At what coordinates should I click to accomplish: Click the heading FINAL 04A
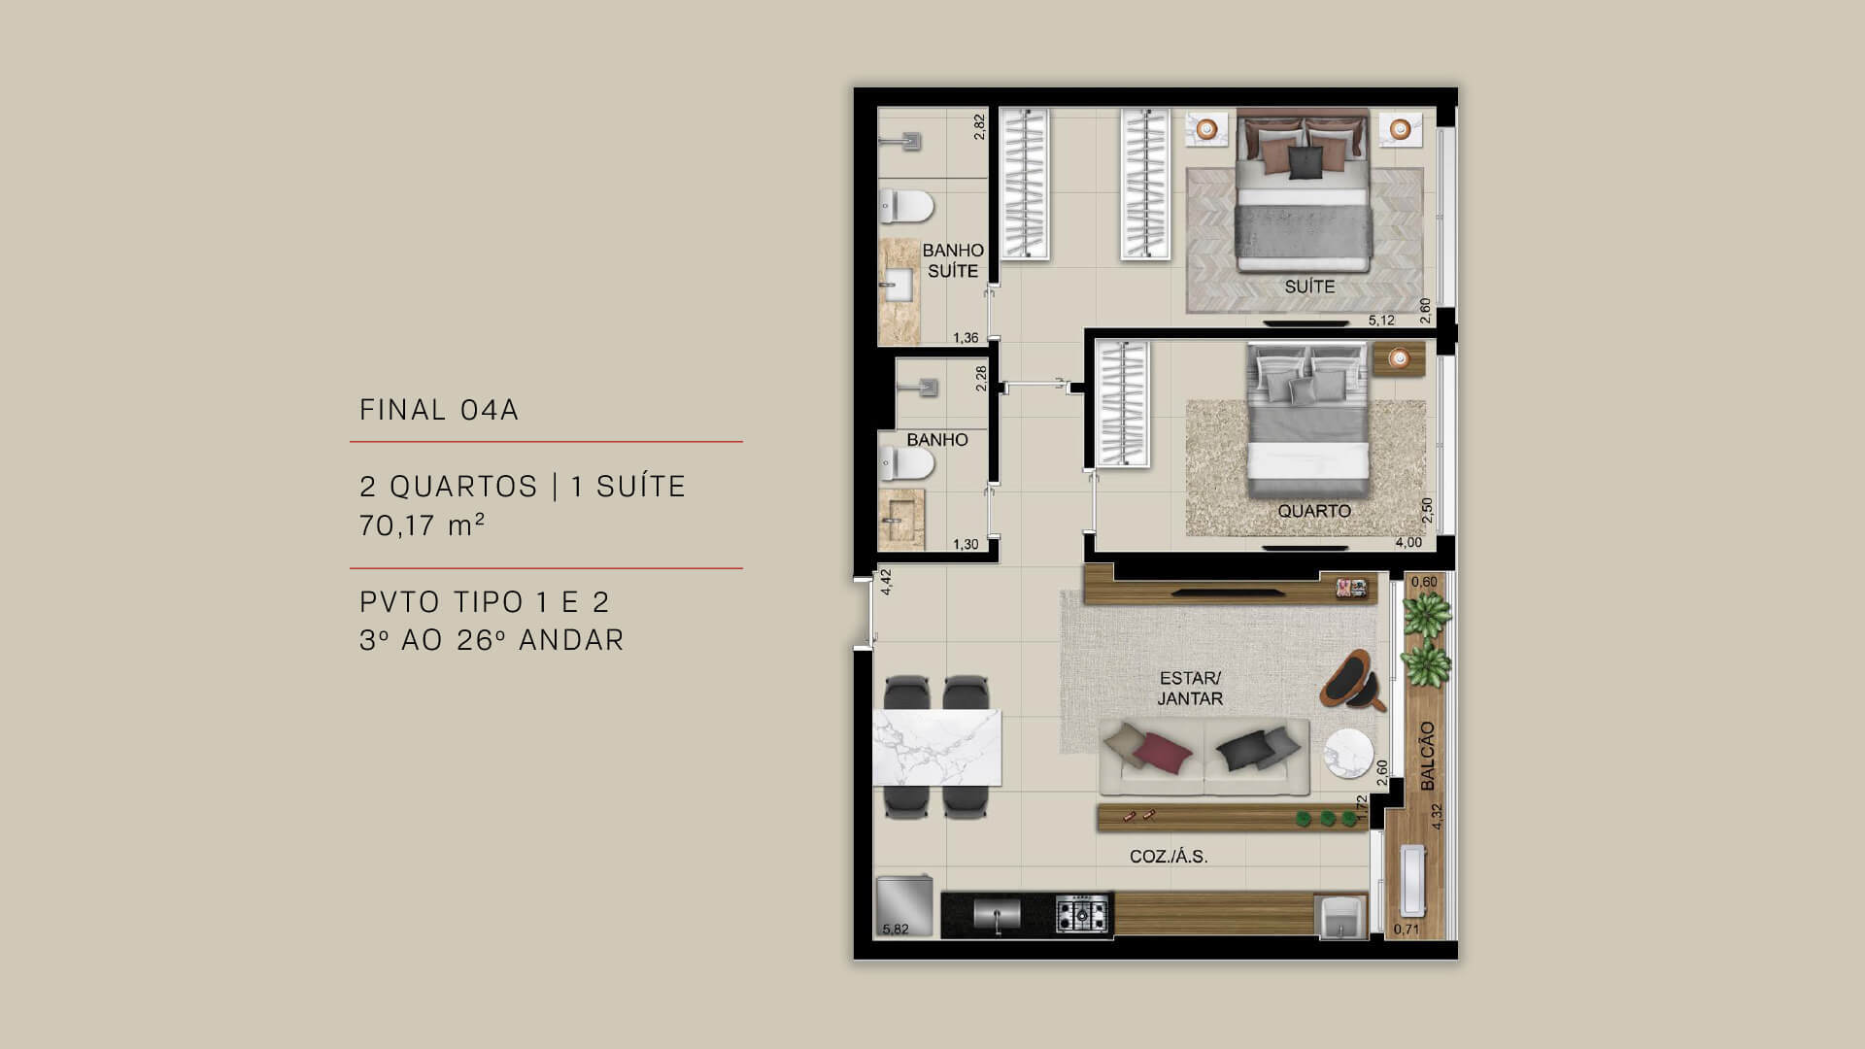pyautogui.click(x=439, y=410)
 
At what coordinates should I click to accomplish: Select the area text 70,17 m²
pyautogui.click(x=422, y=525)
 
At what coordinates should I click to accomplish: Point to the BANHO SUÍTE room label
pyautogui.click(x=953, y=260)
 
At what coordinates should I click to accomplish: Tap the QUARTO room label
pyautogui.click(x=1314, y=511)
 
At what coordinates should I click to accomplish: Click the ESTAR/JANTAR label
pyautogui.click(x=1190, y=688)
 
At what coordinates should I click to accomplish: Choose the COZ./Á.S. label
pyautogui.click(x=1169, y=857)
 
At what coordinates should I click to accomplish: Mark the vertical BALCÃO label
pyautogui.click(x=1427, y=756)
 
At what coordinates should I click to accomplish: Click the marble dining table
pyautogui.click(x=257, y=747)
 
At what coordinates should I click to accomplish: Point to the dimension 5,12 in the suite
pyautogui.click(x=1381, y=321)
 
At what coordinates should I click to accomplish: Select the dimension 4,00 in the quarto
pyautogui.click(x=1408, y=543)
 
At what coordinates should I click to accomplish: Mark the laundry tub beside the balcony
pyautogui.click(x=1340, y=916)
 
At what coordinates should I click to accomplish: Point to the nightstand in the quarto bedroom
pyautogui.click(x=1399, y=358)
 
